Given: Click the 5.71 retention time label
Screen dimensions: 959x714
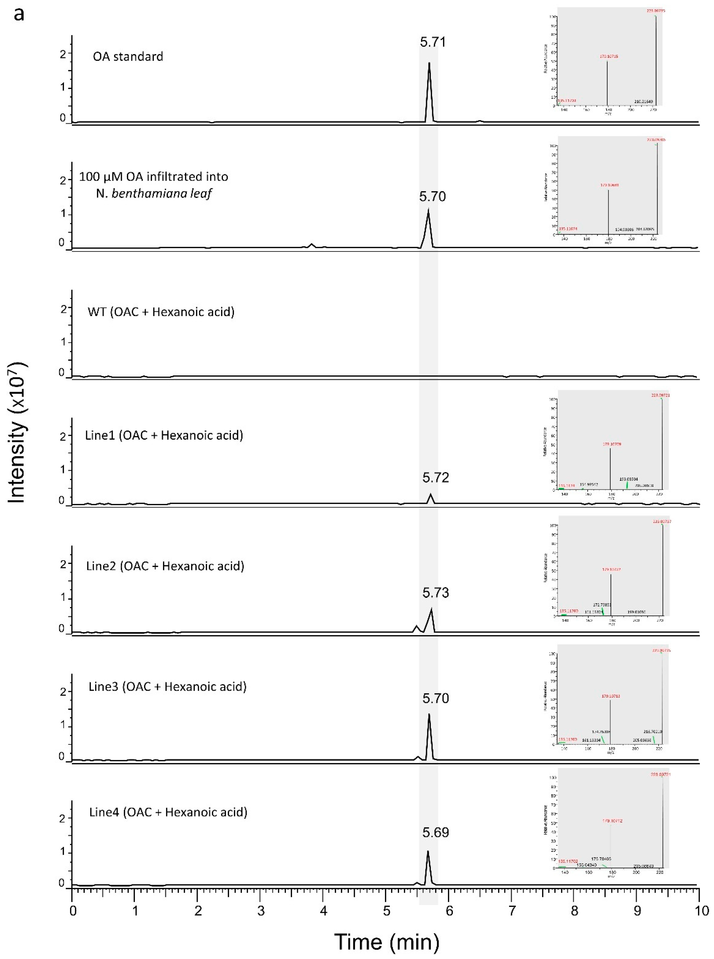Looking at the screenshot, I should (433, 42).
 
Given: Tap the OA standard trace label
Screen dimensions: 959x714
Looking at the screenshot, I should (128, 57).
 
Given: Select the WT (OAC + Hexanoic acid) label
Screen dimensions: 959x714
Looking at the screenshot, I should (161, 312).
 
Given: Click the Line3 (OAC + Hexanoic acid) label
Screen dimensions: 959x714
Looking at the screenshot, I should (167, 687).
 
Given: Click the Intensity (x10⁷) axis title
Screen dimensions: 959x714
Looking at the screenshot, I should (17, 432).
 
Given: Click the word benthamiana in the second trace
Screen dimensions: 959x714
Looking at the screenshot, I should (145, 193).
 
